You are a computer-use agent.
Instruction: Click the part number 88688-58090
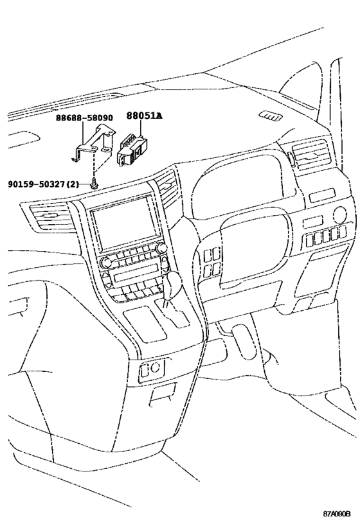click(84, 118)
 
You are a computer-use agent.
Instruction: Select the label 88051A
click(144, 116)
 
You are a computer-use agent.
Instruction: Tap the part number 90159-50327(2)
click(43, 184)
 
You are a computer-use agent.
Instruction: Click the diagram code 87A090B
click(337, 514)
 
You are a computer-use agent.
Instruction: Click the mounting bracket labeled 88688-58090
click(93, 143)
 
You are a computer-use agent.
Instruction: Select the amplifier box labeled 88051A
click(132, 149)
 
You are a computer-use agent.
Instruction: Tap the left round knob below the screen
click(106, 262)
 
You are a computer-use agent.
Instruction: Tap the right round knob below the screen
click(161, 248)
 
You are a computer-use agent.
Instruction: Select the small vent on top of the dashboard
click(271, 116)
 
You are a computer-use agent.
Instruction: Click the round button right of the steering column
click(340, 214)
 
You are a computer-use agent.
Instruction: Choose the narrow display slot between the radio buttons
click(137, 277)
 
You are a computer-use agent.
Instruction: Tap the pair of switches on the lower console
click(151, 369)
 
